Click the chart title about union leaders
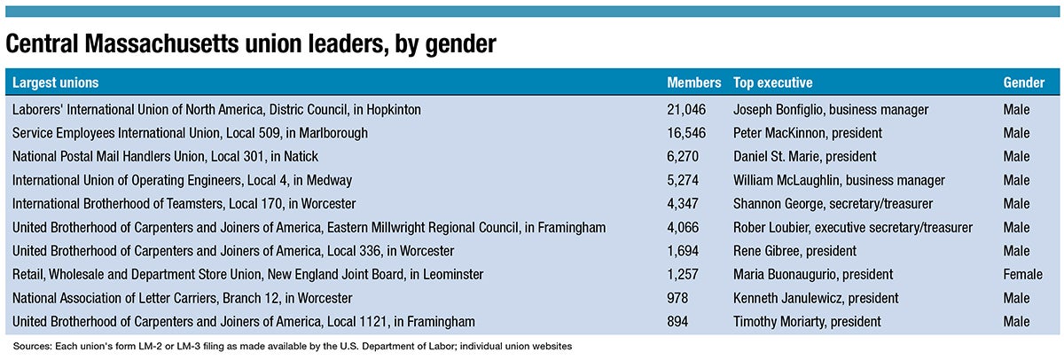[250, 43]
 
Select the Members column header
[693, 82]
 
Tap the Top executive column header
[772, 82]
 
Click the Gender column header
[1023, 82]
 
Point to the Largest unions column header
[55, 82]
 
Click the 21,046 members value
[686, 109]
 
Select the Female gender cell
[1023, 274]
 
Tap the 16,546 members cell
[686, 133]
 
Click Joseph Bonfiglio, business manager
[831, 109]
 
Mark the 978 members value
[677, 298]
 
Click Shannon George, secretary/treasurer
[833, 204]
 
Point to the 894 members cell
[677, 321]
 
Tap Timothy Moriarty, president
[807, 321]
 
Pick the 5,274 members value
[684, 180]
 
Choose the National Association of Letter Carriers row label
[182, 298]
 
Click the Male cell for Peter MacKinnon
[1016, 133]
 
